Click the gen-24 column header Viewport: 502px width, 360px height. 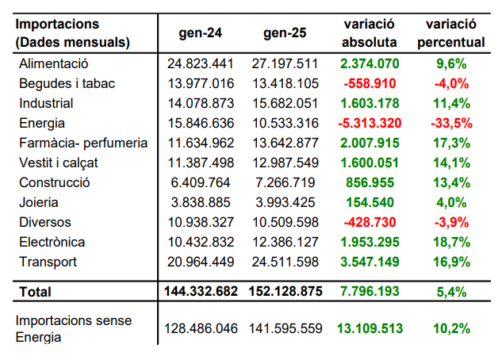click(200, 33)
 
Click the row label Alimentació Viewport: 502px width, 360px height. click(53, 63)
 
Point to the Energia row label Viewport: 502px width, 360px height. click(44, 123)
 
